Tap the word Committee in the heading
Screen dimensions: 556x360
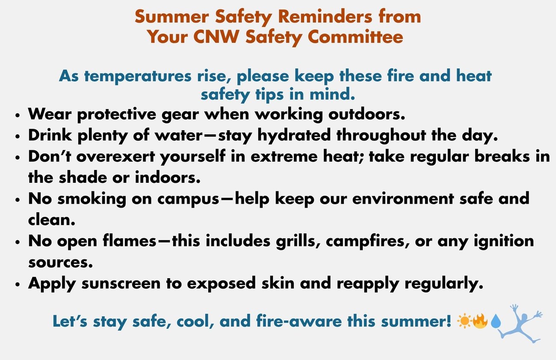pos(355,36)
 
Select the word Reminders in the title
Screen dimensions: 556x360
pos(325,16)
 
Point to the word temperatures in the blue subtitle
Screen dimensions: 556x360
pos(138,76)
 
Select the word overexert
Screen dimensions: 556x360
pos(115,157)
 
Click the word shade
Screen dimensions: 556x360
pos(83,178)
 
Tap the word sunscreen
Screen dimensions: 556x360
pos(121,283)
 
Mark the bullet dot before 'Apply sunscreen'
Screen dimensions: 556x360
pos(17,285)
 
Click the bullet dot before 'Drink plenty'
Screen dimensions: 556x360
pos(17,137)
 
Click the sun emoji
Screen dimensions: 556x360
pos(464,321)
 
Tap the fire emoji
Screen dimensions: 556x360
pos(480,321)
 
